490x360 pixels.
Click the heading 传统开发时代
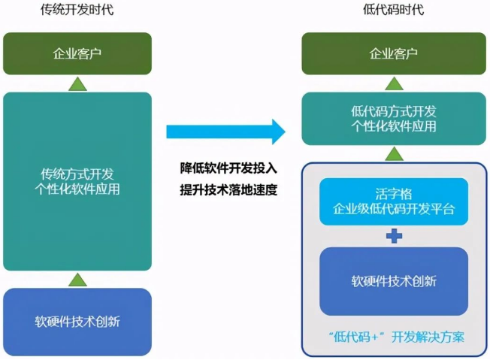[78, 10]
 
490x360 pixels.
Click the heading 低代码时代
[393, 10]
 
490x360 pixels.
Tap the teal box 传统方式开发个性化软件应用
[78, 180]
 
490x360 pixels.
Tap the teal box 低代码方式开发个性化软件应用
[394, 119]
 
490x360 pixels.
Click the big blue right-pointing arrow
[225, 132]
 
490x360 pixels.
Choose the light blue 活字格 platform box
[394, 201]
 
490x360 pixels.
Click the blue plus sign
[394, 236]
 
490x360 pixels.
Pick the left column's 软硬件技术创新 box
[78, 322]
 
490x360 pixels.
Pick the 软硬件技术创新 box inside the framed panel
[394, 281]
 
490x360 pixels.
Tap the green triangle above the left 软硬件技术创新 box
[78, 280]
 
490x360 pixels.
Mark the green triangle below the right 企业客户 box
[394, 83]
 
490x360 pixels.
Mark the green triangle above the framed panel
[394, 153]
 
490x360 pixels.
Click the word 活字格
[394, 194]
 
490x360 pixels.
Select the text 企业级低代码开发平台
[394, 209]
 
